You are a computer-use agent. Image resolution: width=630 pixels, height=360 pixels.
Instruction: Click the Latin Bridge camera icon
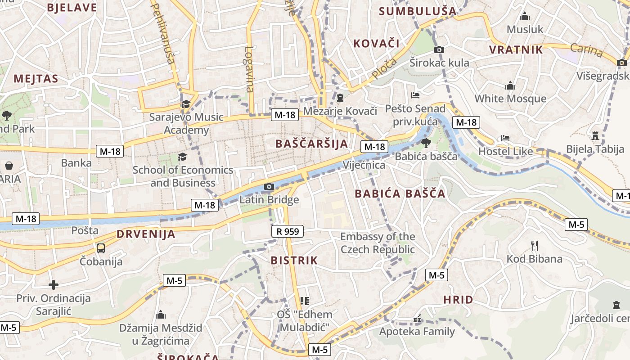click(x=269, y=186)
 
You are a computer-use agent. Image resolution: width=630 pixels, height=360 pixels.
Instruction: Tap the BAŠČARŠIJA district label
click(x=311, y=144)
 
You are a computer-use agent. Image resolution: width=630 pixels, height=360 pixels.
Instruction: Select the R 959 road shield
click(x=288, y=232)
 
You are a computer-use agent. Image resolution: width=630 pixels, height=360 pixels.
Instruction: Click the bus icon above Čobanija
click(x=101, y=248)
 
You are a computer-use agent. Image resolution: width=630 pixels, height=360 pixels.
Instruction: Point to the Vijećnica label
click(x=364, y=165)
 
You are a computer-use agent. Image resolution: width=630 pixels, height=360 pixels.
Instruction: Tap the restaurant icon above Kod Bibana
click(x=535, y=246)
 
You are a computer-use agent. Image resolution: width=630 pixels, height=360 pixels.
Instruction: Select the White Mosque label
click(x=510, y=99)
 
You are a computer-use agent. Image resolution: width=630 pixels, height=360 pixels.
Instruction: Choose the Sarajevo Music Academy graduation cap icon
click(x=185, y=104)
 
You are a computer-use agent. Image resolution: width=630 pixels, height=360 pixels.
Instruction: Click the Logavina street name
click(x=249, y=69)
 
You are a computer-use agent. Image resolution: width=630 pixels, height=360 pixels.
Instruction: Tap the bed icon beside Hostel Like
click(x=505, y=138)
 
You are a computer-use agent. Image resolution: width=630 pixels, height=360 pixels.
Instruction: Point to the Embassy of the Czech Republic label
click(x=378, y=243)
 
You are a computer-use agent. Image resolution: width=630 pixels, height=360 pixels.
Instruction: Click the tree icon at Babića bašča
click(x=426, y=143)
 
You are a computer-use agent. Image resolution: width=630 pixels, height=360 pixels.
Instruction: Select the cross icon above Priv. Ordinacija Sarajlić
click(x=54, y=285)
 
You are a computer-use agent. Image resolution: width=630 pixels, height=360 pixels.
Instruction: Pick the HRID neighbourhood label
click(x=458, y=300)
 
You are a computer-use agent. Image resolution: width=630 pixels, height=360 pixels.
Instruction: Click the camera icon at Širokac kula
click(x=439, y=49)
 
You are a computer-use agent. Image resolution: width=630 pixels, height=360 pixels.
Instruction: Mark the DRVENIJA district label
click(x=146, y=234)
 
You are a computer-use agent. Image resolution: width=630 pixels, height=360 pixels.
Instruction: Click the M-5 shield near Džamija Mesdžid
click(x=174, y=281)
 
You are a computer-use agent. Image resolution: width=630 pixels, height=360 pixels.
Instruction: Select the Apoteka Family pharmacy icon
click(x=417, y=319)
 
